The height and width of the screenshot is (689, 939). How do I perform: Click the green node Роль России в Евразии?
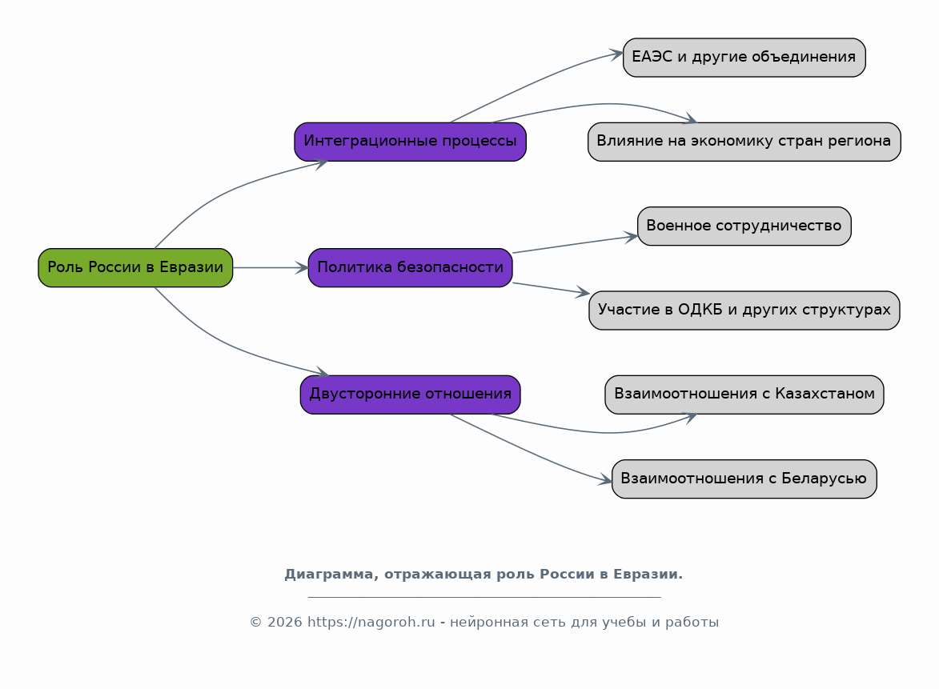[135, 267]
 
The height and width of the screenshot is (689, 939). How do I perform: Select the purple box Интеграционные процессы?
[410, 142]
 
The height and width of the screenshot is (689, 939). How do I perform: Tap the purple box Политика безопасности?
[410, 267]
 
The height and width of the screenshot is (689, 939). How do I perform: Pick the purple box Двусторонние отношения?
[410, 395]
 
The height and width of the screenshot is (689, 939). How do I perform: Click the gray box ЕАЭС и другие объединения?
[744, 58]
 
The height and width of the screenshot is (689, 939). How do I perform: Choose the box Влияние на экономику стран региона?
[744, 142]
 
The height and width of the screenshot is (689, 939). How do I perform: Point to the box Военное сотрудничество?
[744, 226]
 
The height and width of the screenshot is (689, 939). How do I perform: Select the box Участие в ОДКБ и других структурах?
[744, 310]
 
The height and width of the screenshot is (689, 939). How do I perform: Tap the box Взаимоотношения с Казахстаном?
[744, 395]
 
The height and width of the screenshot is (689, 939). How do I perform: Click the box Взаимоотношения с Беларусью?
[744, 479]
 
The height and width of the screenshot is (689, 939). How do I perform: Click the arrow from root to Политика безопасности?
[271, 267]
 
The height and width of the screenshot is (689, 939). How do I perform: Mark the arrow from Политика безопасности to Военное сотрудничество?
[575, 244]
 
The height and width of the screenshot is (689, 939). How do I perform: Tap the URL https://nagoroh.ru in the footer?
[371, 623]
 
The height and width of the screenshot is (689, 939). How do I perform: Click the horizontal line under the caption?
[484, 597]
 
